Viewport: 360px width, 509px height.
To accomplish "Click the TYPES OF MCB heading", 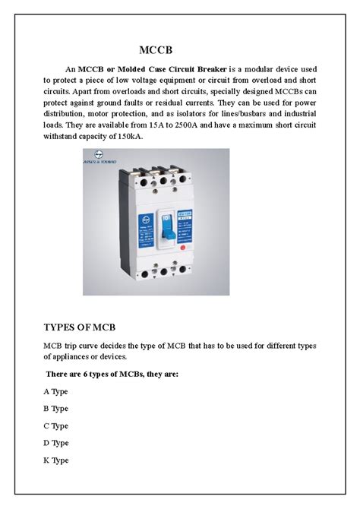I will pos(79,327).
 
